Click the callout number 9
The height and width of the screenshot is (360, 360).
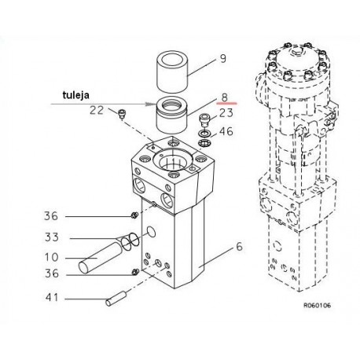[x=223, y=58]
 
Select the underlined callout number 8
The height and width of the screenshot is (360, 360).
[x=225, y=97]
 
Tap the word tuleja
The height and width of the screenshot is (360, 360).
[x=76, y=95]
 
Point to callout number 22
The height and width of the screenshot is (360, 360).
[x=97, y=110]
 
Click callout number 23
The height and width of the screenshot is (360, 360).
[x=226, y=113]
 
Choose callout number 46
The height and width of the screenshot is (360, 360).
[x=226, y=131]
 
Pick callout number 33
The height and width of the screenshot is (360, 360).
[x=52, y=237]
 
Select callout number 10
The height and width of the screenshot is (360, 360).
[x=52, y=257]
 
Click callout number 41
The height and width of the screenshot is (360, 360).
[x=52, y=297]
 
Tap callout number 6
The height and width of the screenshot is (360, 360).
[x=239, y=247]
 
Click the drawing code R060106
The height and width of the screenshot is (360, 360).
[x=317, y=305]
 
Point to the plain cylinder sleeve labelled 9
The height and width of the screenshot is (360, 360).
[x=172, y=72]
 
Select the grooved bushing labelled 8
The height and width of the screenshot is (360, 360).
[x=171, y=113]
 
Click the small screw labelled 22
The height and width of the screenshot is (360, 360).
[x=122, y=114]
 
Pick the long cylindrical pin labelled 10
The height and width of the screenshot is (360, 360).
[x=101, y=257]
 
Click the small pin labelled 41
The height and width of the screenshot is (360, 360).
[x=116, y=299]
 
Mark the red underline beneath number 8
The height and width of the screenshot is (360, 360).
[x=226, y=104]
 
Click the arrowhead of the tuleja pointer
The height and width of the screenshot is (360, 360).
[x=151, y=104]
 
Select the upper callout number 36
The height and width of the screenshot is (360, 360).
[x=51, y=216]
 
